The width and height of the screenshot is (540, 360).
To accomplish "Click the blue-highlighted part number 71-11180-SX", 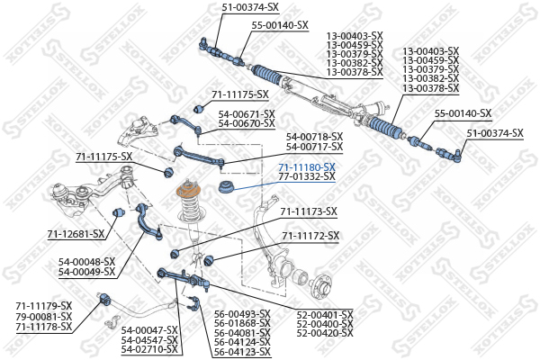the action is click(307, 167).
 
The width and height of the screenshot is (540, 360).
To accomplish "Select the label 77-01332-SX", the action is click(307, 176).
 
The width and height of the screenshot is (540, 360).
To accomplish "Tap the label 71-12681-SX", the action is click(76, 234).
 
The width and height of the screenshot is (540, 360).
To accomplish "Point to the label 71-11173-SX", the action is click(309, 211).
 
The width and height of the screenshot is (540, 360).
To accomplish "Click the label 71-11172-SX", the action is click(310, 236).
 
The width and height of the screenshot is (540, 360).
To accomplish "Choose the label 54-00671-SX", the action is click(247, 114).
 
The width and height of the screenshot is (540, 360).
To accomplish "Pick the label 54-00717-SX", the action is click(315, 147).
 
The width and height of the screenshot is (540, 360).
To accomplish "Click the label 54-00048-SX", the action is click(86, 262).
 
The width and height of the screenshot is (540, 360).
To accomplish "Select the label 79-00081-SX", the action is click(44, 316).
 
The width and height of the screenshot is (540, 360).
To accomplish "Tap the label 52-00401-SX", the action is click(325, 315).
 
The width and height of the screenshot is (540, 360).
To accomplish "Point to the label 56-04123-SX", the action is click(242, 352).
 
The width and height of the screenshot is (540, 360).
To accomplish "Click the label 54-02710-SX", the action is click(149, 350).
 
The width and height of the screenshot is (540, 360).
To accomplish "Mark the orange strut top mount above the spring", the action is click(189, 191).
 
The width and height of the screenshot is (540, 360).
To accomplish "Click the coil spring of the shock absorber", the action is click(189, 210).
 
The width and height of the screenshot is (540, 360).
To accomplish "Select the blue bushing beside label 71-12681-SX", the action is click(118, 212).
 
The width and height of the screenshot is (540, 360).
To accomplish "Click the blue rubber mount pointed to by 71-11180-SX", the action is click(226, 187).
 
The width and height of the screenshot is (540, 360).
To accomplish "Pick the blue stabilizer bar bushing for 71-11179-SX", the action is click(105, 299).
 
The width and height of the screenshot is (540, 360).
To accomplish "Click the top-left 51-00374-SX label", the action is click(250, 7).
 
